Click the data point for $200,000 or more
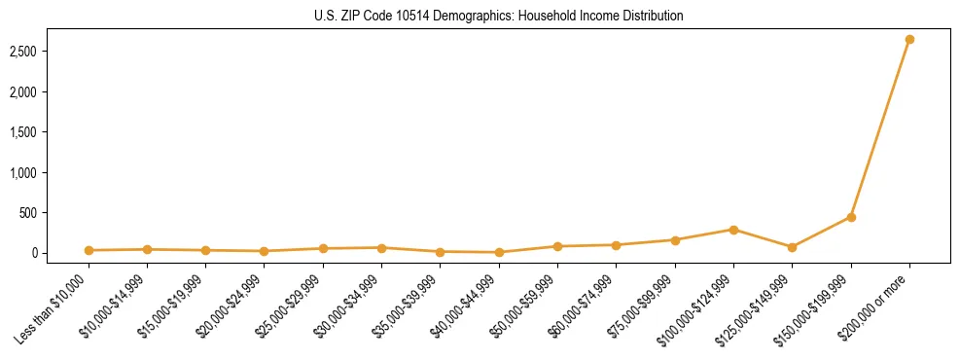coord(909,39)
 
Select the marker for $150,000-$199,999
coord(851,217)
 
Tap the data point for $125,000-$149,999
coord(792,247)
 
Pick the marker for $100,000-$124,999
coord(733,230)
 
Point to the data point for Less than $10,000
coord(89,250)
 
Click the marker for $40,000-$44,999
coord(499,252)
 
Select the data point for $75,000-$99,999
coord(675,239)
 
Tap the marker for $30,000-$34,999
coord(381,247)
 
